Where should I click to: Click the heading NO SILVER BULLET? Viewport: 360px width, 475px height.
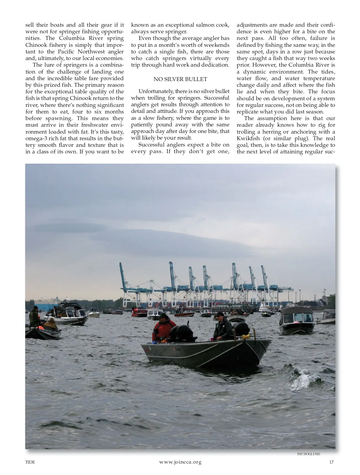[x=180, y=79]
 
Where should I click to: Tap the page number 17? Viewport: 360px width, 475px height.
[x=331, y=462]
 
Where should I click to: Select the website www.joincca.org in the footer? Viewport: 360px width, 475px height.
[x=180, y=462]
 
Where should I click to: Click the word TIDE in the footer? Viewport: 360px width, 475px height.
[x=30, y=462]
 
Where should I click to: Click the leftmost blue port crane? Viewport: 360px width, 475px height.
[x=123, y=279]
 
